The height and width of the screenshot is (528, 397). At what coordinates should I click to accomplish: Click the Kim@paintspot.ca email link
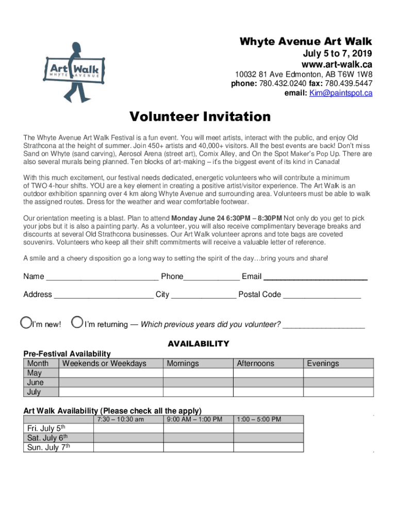click(x=340, y=93)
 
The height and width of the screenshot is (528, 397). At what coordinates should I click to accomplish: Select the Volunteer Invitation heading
click(x=200, y=117)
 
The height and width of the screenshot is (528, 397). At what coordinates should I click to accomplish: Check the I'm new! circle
click(x=25, y=323)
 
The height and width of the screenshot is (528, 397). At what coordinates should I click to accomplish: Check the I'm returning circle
click(x=77, y=323)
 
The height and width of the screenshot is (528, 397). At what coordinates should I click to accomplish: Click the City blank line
click(x=204, y=295)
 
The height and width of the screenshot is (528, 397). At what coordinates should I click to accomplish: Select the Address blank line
click(x=104, y=295)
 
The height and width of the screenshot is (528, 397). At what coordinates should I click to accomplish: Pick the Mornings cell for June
click(x=198, y=383)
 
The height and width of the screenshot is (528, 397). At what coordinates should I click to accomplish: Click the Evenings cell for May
click(x=338, y=373)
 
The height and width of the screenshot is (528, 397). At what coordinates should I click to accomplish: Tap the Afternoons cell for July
click(x=268, y=392)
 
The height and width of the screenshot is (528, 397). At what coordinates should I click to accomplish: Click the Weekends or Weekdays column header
click(x=104, y=364)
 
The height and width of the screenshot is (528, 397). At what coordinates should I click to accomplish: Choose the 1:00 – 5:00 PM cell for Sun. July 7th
click(x=268, y=448)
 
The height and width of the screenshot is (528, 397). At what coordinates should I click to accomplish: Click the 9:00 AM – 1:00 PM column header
click(x=198, y=419)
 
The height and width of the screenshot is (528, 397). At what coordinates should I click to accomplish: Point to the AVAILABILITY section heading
click(x=198, y=344)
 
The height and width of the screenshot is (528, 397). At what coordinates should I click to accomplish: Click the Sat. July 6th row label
click(x=47, y=438)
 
